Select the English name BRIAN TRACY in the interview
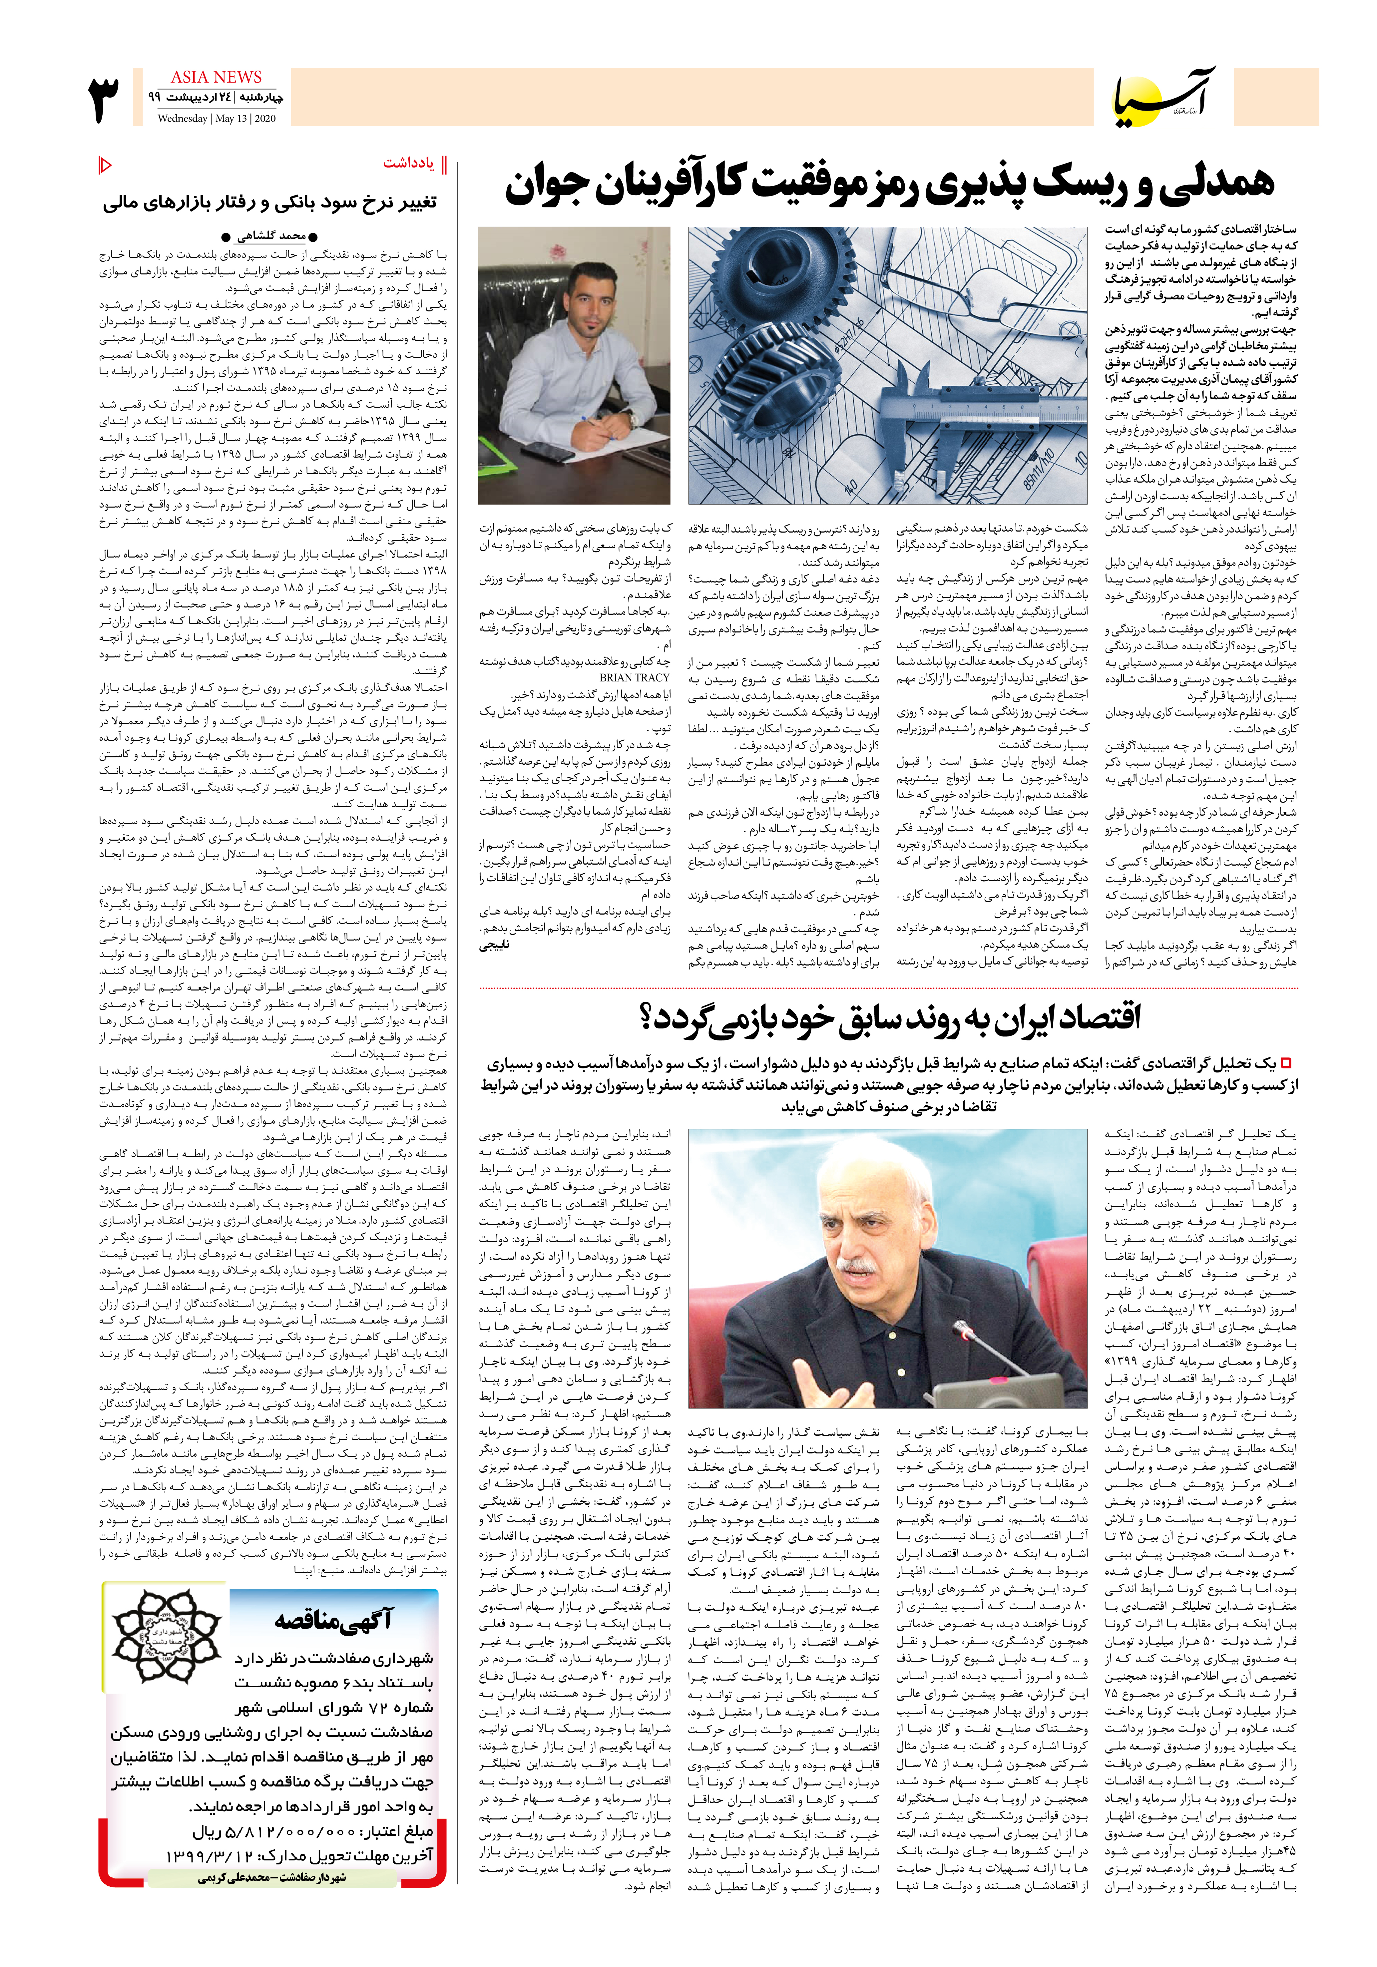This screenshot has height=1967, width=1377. pyautogui.click(x=635, y=677)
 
